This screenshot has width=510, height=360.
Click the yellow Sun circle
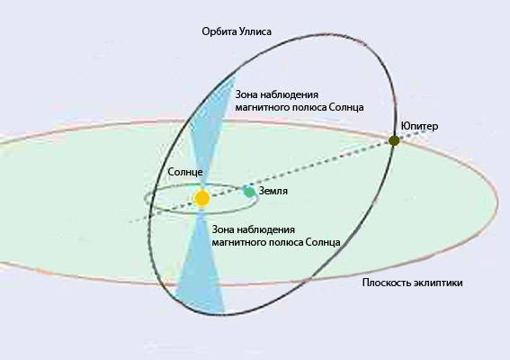(x=202, y=198)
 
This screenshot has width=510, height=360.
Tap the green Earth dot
(x=250, y=192)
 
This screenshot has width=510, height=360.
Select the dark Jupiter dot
(x=394, y=141)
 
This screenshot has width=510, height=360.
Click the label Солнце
(x=185, y=172)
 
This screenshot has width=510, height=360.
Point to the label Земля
(x=273, y=191)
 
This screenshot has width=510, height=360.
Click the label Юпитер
(x=419, y=126)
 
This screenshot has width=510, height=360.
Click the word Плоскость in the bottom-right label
(x=387, y=283)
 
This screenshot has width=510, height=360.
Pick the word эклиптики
(x=438, y=283)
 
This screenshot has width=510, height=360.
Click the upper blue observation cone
(x=213, y=127)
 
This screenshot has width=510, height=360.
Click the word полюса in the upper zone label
(x=309, y=108)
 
